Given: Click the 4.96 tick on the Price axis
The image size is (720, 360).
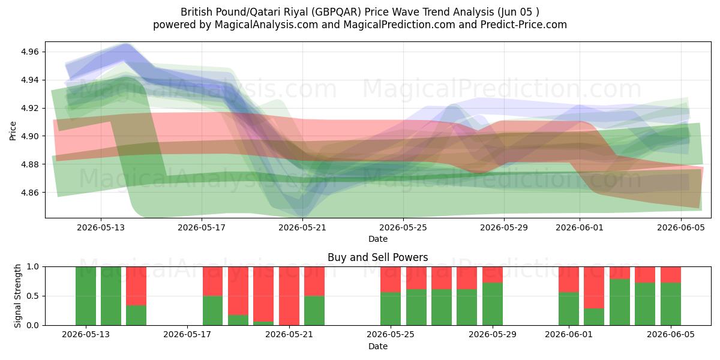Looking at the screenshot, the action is (30, 52).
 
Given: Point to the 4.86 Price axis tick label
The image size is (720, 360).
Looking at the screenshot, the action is (30, 193).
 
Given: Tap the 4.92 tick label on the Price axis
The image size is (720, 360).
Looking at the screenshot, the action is (30, 108).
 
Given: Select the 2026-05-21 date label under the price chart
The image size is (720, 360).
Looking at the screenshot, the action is (302, 227).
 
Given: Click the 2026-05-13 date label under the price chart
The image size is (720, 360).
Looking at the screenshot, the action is (101, 227).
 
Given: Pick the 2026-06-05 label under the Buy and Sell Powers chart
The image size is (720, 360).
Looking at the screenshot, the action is (671, 334).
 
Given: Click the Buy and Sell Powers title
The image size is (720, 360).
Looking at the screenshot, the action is (377, 257).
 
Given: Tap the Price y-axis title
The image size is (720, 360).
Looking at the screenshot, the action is (13, 131).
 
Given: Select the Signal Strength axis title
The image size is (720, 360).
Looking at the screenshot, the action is (17, 296).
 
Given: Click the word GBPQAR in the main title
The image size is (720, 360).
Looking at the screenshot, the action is (335, 12).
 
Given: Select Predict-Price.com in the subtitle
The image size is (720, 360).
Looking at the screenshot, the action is (524, 25).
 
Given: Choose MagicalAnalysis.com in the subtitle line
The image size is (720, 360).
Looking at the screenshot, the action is (266, 25).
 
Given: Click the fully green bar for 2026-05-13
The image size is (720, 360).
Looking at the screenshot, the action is (86, 296).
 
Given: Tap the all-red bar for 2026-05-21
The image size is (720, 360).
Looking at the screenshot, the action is (289, 296).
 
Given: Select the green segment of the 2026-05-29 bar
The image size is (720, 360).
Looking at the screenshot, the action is (493, 304).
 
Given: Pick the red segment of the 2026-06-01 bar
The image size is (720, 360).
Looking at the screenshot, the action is (569, 280).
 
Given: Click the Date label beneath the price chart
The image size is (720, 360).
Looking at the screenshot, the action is (377, 239).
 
